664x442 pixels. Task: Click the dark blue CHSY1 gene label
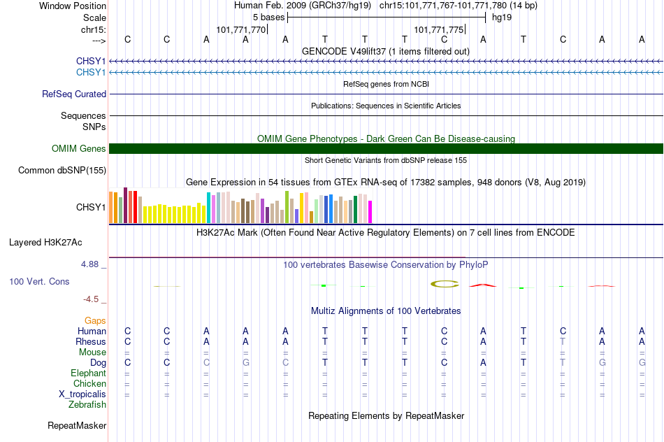[x=91, y=61]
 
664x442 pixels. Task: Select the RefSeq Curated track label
[x=74, y=94]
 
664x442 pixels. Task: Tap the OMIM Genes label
[x=79, y=149]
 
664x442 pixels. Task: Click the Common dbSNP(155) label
[x=62, y=171]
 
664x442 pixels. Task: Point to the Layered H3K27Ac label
[x=45, y=243]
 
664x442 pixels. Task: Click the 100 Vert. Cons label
[x=39, y=281]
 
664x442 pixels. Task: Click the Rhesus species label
[x=91, y=341]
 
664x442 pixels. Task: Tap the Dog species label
[x=99, y=363]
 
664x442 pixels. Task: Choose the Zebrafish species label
[x=87, y=405]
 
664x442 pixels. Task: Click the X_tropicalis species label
[x=82, y=394]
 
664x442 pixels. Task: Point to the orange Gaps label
[x=95, y=321]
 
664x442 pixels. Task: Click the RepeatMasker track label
[x=77, y=425]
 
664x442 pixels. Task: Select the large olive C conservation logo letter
[x=445, y=284]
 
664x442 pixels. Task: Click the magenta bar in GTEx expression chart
[x=370, y=212]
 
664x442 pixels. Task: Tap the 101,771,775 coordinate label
[x=439, y=29]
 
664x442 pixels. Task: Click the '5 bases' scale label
[x=269, y=17]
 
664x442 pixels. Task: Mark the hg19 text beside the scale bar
[x=502, y=17]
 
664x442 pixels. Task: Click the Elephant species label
[x=89, y=373]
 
